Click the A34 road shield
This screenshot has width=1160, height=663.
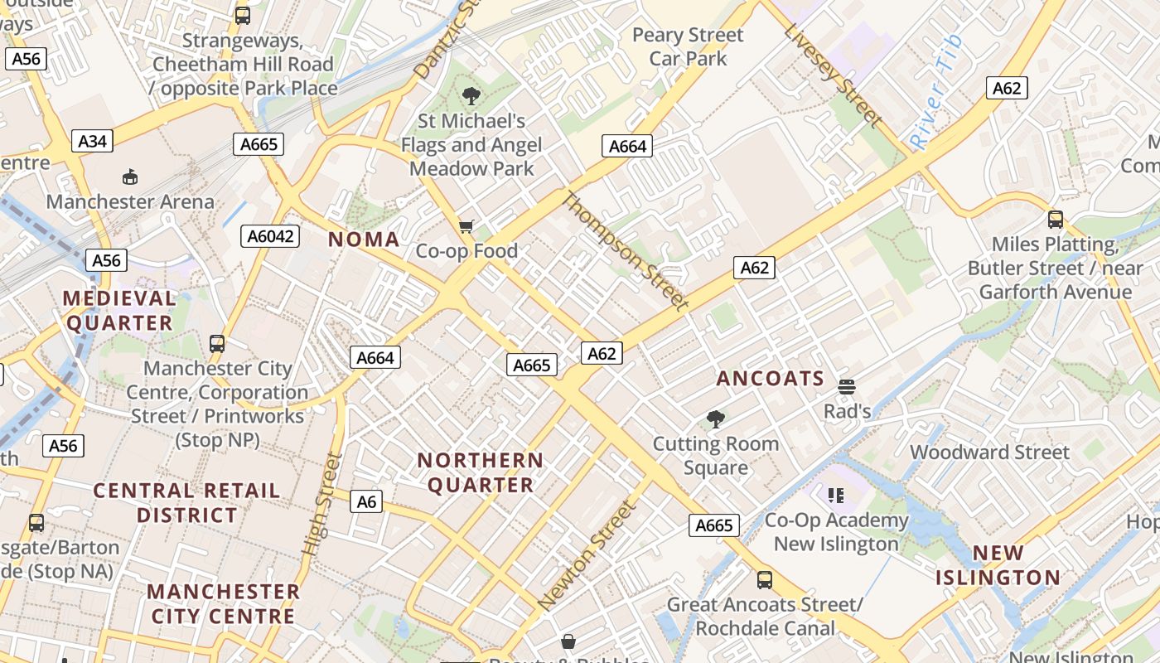(92, 141)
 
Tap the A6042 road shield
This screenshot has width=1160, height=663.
(271, 236)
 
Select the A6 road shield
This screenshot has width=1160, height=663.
(366, 501)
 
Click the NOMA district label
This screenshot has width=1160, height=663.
(364, 240)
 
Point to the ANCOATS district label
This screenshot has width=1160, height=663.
(771, 379)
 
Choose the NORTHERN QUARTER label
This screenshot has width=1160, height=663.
(481, 472)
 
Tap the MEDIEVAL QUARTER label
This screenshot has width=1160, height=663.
(119, 310)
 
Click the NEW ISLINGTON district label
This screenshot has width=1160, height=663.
(998, 565)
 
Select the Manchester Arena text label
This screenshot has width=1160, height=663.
(130, 201)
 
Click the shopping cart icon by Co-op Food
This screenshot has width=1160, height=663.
(466, 226)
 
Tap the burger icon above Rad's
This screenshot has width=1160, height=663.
(846, 387)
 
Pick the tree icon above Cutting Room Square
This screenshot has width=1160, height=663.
(715, 419)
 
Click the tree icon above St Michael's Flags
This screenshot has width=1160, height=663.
(471, 96)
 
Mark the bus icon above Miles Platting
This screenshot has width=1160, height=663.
(1055, 220)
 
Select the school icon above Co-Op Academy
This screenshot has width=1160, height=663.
(835, 496)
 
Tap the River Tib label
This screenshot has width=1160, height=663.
(937, 92)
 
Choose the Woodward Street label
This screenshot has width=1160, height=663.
(990, 452)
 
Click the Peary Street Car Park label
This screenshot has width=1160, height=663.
(688, 46)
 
